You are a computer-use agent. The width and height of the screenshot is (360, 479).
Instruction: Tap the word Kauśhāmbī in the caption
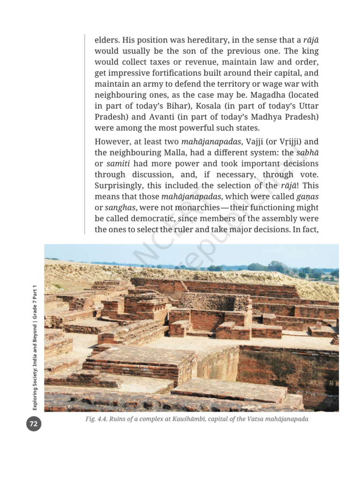click(x=193, y=419)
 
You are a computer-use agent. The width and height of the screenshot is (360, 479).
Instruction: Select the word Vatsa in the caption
click(x=259, y=419)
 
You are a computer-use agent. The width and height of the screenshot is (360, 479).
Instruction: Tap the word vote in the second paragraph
click(x=309, y=174)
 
